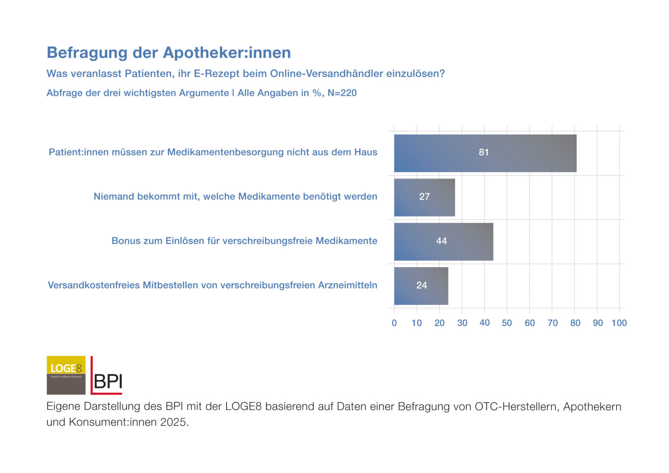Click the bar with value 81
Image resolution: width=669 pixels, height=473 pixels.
[x=485, y=153]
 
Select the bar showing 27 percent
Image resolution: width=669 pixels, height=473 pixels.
[x=424, y=198]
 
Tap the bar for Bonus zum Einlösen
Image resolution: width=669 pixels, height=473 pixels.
[x=444, y=242]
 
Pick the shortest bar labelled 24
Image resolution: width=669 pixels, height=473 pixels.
[x=421, y=286]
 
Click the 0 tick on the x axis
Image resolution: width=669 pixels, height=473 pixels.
[x=394, y=323]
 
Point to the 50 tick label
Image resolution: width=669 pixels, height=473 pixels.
[x=507, y=323]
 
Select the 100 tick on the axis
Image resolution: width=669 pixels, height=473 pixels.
[x=619, y=323]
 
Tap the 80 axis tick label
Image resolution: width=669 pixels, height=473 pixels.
[x=575, y=323]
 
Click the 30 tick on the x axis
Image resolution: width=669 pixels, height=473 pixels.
[x=462, y=323]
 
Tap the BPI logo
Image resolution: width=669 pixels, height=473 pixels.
[x=107, y=376]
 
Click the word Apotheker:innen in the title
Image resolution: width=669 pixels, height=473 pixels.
[x=227, y=53]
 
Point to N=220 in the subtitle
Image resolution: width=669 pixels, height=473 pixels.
[x=342, y=93]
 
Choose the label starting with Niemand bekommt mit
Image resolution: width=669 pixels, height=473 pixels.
[x=235, y=197]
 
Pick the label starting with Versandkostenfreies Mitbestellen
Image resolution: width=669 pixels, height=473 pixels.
[x=212, y=286]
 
